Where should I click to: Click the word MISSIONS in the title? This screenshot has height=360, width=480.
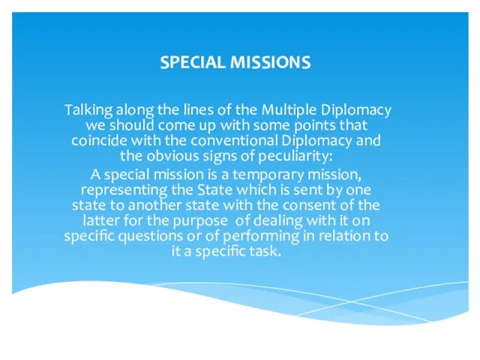270,62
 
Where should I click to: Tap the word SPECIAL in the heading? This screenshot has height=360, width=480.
193,62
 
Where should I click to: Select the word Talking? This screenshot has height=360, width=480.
88,110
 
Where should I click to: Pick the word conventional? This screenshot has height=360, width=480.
234,140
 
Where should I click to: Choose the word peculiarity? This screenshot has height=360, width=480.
294,157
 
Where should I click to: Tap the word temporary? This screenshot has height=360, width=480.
268,175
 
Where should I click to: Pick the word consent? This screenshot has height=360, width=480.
309,205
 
